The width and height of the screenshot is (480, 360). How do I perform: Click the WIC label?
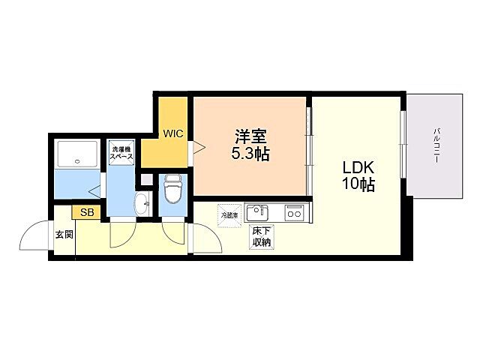pos(174,133)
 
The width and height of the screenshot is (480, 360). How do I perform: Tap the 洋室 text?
pos(250,138)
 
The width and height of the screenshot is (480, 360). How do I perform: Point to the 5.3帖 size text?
pos(250,155)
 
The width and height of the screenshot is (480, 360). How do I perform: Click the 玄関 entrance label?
pos(64,234)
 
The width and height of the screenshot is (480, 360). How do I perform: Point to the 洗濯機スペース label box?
pos(121,154)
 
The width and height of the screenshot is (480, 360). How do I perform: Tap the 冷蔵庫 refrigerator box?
pos(228,215)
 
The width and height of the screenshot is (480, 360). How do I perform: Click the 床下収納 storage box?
pos(261,237)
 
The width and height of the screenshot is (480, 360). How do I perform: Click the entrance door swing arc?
pos(34,238)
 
